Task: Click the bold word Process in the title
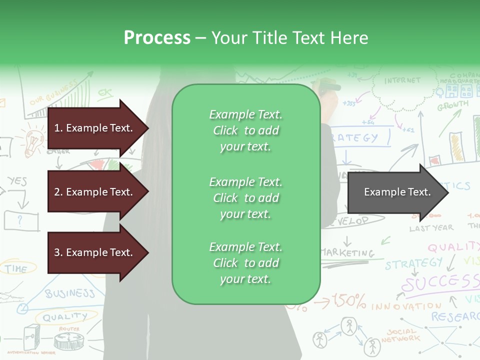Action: coord(157,38)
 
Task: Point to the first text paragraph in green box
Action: coord(245,130)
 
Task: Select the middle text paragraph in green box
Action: coord(245,198)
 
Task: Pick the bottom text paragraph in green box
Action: coord(245,263)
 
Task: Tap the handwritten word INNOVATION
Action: coord(406,305)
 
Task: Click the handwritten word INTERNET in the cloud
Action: coord(402,80)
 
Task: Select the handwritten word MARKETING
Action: coord(348,252)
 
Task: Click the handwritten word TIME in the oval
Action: coord(16,269)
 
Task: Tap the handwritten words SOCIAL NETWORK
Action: coord(400,335)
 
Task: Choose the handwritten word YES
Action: coord(17,181)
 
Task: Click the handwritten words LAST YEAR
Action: coord(431,228)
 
